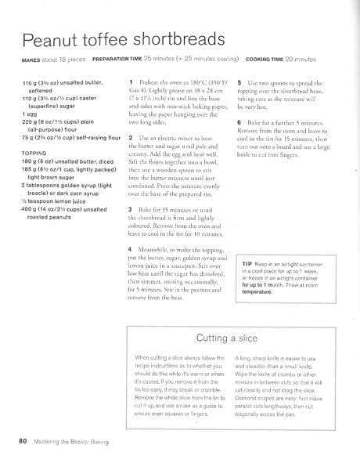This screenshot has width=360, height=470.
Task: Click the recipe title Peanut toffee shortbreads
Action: point(126,41)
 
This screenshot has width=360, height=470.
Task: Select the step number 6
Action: point(237,123)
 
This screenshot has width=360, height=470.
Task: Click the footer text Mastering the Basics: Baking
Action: point(70,443)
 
